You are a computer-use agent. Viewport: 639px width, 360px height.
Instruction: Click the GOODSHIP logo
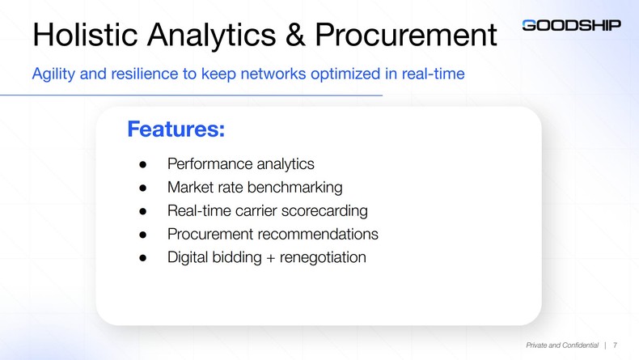click(571, 25)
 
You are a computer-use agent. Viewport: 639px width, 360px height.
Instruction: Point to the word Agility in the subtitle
click(53, 74)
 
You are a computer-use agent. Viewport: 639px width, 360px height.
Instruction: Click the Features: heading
click(176, 129)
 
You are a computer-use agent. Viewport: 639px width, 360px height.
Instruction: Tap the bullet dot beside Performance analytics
click(142, 165)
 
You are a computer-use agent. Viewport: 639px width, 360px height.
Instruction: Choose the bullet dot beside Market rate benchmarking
click(142, 188)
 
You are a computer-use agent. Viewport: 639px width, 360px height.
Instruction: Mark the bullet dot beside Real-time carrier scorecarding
click(142, 212)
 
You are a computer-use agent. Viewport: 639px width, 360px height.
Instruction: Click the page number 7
click(616, 345)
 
